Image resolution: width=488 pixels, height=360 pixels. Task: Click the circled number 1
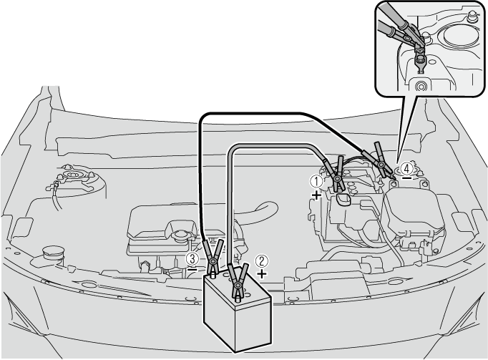click(317, 181)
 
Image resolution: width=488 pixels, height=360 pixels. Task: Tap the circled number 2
click(262, 261)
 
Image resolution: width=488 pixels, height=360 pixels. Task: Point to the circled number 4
click(406, 168)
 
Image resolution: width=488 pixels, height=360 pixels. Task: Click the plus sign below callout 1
click(316, 195)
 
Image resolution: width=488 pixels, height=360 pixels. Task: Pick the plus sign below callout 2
click(262, 274)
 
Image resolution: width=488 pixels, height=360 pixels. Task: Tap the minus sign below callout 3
click(192, 268)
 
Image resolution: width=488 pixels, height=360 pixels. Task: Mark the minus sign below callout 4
click(406, 178)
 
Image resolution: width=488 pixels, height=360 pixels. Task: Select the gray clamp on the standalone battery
click(238, 282)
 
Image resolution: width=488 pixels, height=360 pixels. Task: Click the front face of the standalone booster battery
click(253, 326)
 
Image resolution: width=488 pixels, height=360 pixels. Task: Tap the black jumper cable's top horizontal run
click(255, 113)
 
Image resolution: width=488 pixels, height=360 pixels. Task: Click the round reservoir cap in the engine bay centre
click(180, 235)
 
